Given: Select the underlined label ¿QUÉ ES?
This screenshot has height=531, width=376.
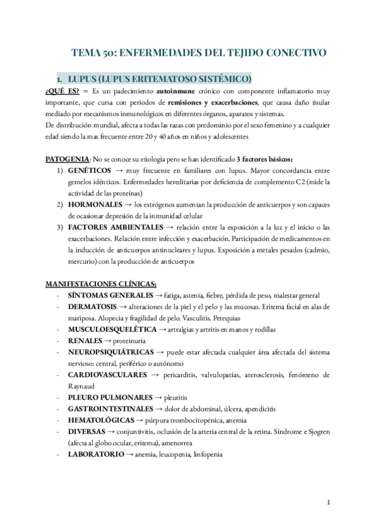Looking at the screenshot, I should [62, 91].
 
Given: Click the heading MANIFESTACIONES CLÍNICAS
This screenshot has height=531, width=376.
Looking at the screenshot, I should [101, 284].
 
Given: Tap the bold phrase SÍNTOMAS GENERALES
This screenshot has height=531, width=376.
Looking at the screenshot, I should [110, 295].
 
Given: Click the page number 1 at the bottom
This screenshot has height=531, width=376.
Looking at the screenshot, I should [328, 503].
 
